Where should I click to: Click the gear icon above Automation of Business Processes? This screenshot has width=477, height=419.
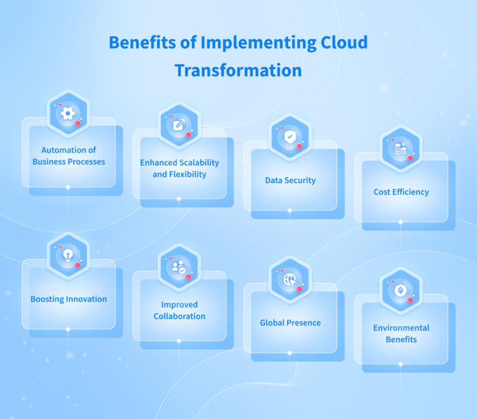pyautogui.click(x=68, y=113)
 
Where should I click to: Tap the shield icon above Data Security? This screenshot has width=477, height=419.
pyautogui.click(x=290, y=136)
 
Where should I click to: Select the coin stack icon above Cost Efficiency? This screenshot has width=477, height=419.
pyautogui.click(x=401, y=148)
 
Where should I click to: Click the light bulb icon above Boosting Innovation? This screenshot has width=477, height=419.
pyautogui.click(x=68, y=255)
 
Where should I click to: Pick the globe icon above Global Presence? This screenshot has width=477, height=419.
pyautogui.click(x=290, y=279)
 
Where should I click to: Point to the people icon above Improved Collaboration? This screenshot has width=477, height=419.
pyautogui.click(x=179, y=267)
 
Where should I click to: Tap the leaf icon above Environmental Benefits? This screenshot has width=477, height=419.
pyautogui.click(x=401, y=290)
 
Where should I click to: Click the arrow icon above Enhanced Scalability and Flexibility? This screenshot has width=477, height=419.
pyautogui.click(x=179, y=125)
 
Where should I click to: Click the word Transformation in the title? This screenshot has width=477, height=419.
pyautogui.click(x=238, y=70)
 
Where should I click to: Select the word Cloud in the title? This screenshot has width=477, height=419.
pyautogui.click(x=339, y=42)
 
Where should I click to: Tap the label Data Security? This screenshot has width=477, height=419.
pyautogui.click(x=290, y=181)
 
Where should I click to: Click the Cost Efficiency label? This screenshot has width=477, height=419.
pyautogui.click(x=401, y=192)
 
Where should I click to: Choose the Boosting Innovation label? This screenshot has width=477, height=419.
pyautogui.click(x=68, y=299)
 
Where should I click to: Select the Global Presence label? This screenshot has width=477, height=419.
pyautogui.click(x=290, y=323)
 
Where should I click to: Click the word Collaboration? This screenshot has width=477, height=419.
pyautogui.click(x=179, y=316)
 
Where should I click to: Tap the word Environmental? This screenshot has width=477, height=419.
pyautogui.click(x=401, y=328)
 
